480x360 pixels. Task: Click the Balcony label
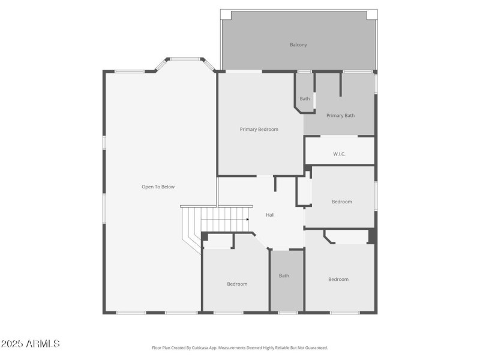tap(298, 45)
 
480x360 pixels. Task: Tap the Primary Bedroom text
tap(259, 129)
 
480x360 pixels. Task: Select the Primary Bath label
tap(340, 115)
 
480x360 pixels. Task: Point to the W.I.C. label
tap(339, 154)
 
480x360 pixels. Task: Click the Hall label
tap(270, 215)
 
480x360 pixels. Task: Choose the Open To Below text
tap(158, 187)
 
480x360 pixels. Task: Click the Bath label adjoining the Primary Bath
tap(305, 98)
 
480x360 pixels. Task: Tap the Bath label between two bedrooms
tap(284, 276)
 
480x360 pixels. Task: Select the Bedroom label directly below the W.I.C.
tap(341, 202)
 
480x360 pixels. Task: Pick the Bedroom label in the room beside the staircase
tap(237, 284)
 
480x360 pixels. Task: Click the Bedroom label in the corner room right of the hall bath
tap(338, 279)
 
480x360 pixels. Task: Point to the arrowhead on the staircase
tap(247, 220)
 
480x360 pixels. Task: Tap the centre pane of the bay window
tap(185, 59)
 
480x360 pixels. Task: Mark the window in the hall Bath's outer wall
tap(287, 312)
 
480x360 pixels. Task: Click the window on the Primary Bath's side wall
tap(376, 83)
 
